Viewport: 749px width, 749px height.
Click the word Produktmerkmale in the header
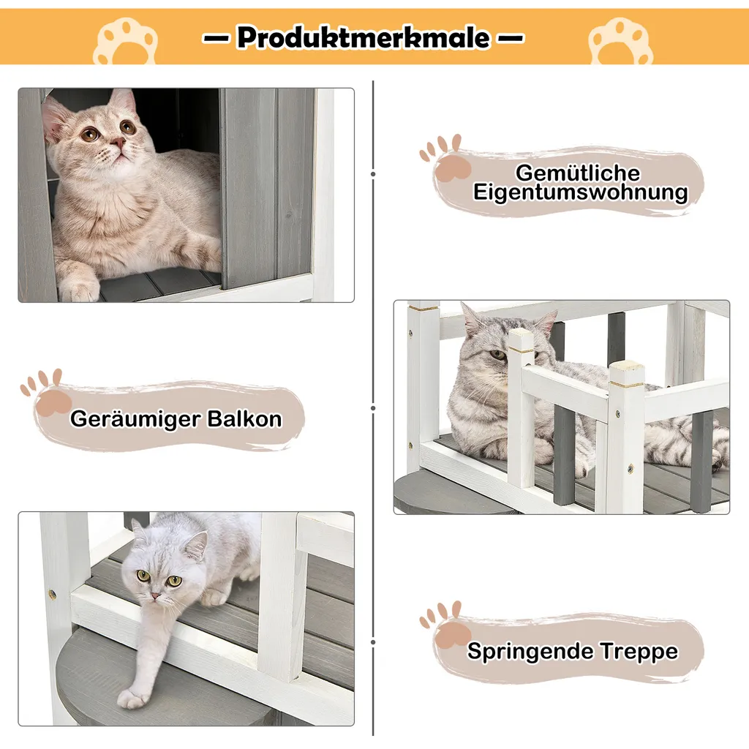pos(363,37)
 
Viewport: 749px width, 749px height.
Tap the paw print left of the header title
pos(127,42)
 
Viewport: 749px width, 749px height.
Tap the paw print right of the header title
pos(620,42)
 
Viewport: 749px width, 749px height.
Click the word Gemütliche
pos(578,173)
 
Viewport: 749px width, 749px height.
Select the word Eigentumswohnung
pos(580,192)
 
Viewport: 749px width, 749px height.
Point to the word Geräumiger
pos(135,419)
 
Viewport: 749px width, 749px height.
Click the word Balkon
pos(244,418)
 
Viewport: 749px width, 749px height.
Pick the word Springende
pos(530,652)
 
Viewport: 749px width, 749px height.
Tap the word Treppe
pos(639,652)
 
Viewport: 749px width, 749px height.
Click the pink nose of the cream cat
pos(117,141)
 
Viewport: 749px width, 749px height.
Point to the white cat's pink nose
pos(155,596)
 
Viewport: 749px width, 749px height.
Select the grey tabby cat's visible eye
pos(497,355)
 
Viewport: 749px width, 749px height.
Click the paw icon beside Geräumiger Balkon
pos(46,392)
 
